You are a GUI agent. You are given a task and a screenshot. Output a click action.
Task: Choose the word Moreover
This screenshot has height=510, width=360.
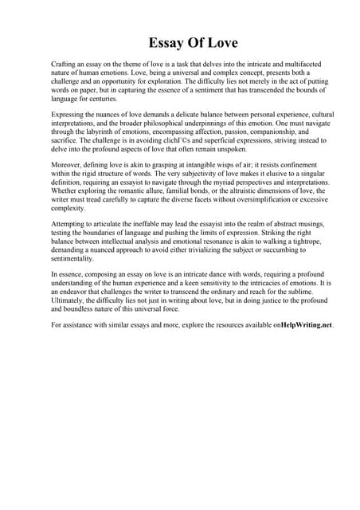click(67, 164)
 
